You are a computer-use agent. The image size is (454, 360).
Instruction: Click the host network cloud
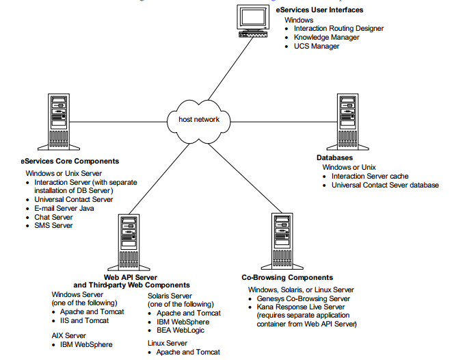click(199, 120)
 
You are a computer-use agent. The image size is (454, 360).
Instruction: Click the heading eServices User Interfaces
click(319, 10)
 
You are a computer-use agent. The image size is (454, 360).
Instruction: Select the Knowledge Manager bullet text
click(326, 37)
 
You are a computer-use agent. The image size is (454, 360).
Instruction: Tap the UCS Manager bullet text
click(317, 46)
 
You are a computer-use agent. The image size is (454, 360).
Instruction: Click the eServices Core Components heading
click(70, 162)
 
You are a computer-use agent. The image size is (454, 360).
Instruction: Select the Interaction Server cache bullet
click(370, 176)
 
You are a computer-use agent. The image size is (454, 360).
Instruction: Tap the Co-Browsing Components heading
click(287, 278)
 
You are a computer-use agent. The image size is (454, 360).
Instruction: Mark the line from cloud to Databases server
click(280, 120)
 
